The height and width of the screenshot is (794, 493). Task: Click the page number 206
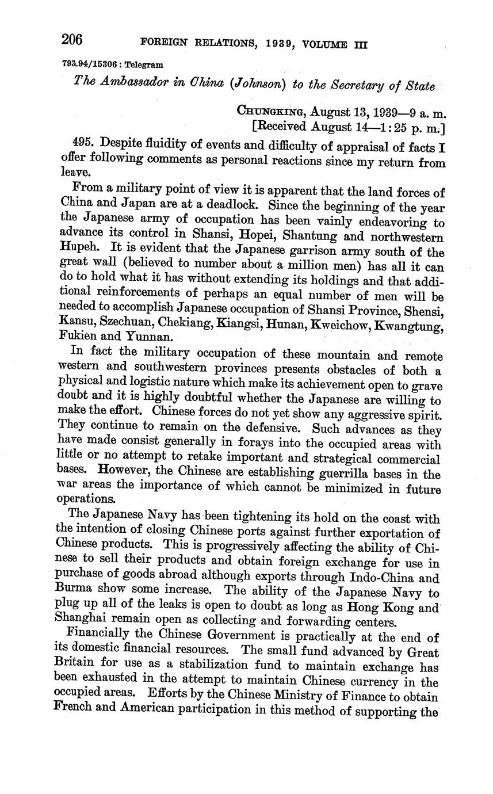coord(72,40)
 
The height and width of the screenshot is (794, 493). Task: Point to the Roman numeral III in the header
coord(360,45)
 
